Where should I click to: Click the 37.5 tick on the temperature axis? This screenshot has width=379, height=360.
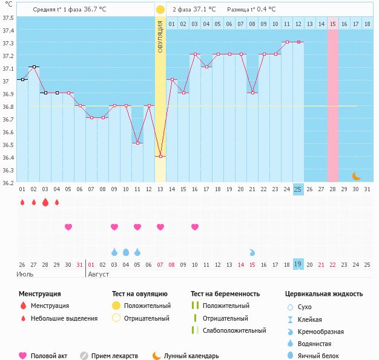[x=8, y=18]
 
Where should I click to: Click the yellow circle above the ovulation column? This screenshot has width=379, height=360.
[x=160, y=10]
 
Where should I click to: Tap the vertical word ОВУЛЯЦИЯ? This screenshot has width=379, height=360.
[x=160, y=36]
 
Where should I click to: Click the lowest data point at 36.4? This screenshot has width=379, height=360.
[x=160, y=157]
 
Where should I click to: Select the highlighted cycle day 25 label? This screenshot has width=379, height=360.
[x=298, y=189]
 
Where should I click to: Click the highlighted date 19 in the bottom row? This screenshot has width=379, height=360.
[x=298, y=264]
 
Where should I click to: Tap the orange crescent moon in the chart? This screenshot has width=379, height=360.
[x=357, y=176]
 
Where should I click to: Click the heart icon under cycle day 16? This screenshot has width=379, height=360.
[x=195, y=227]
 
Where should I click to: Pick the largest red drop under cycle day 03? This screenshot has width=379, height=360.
[x=45, y=203]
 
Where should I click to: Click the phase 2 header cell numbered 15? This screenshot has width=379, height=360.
[x=333, y=24]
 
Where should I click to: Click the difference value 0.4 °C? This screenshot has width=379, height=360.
[x=264, y=10]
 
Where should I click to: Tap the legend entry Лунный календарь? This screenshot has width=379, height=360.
[x=191, y=356]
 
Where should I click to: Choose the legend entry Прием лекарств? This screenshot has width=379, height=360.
[x=114, y=356]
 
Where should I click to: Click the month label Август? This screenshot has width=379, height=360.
[x=99, y=274]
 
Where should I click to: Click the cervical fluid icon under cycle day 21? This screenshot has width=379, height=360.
[x=252, y=252]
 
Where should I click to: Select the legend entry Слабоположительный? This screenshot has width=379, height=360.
[x=234, y=330]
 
